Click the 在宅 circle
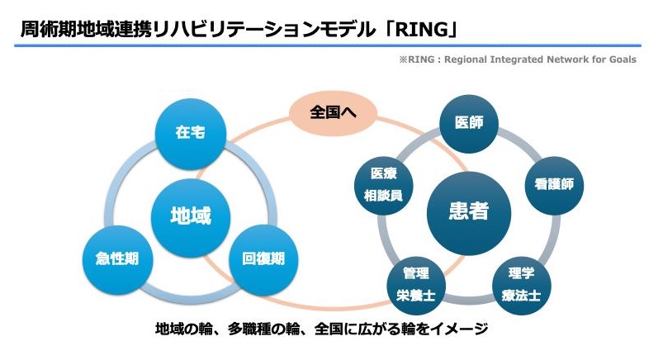190,132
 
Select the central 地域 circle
190,216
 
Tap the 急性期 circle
111,258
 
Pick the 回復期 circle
263,258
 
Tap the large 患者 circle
468,211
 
